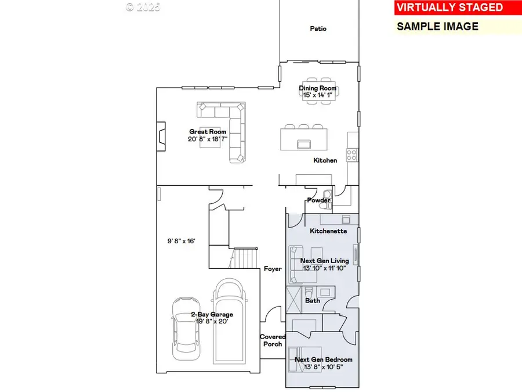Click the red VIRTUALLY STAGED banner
(457, 8)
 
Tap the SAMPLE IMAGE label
(437, 26)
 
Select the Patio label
(318, 28)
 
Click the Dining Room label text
(318, 88)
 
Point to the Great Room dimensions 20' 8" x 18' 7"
(208, 139)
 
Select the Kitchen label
(325, 160)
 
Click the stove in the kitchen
(351, 154)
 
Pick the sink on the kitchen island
(303, 143)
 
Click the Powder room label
(318, 200)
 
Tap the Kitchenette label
(328, 231)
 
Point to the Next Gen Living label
(324, 261)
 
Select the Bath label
(313, 300)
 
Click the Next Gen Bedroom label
(323, 359)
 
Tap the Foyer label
(273, 269)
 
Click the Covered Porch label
(273, 340)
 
